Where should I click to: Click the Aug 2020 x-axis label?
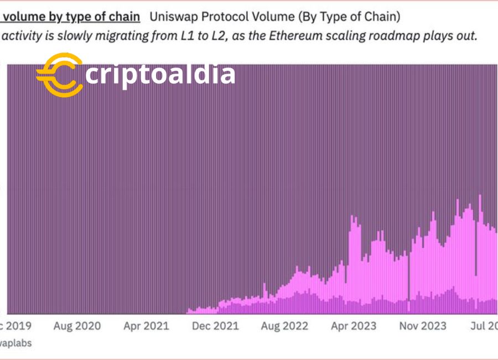pyautogui.click(x=77, y=326)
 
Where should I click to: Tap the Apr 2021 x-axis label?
pyautogui.click(x=146, y=326)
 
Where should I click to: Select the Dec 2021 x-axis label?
pyautogui.click(x=215, y=326)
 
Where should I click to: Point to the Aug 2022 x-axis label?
pyautogui.click(x=284, y=326)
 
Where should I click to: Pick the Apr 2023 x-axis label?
pyautogui.click(x=354, y=326)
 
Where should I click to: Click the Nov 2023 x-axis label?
pyautogui.click(x=423, y=326)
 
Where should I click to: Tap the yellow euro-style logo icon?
pyautogui.click(x=59, y=75)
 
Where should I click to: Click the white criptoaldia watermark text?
pyautogui.click(x=160, y=74)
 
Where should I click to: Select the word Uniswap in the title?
pyautogui.click(x=172, y=16)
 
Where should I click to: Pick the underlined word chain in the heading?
pyautogui.click(x=124, y=16)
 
